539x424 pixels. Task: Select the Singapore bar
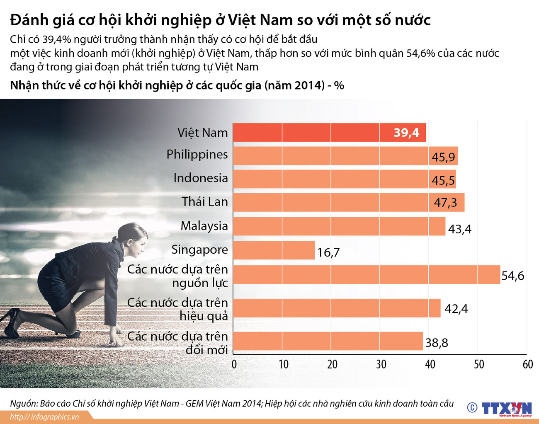coord(274,250)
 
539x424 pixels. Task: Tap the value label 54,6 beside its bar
coord(512,276)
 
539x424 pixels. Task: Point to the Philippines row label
coord(197,154)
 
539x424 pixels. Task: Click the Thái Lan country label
coord(204,202)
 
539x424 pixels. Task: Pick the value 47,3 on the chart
coord(445,203)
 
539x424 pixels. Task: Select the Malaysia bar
coord(339,226)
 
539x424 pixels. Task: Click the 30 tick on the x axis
coord(381,364)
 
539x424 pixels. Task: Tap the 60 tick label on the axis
coord(527,364)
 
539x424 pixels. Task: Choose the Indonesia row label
coord(201,178)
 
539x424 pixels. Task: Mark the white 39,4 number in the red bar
coord(406,133)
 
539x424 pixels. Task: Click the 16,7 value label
coord(328,252)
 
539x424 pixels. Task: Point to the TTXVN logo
coord(506,408)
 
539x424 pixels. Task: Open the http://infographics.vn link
coord(44,417)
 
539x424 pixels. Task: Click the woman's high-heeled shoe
coord(10,321)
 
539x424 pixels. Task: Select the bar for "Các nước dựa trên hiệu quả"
coord(336,308)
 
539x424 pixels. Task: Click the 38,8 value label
coord(437,343)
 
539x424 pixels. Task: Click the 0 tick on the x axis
coord(234,364)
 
